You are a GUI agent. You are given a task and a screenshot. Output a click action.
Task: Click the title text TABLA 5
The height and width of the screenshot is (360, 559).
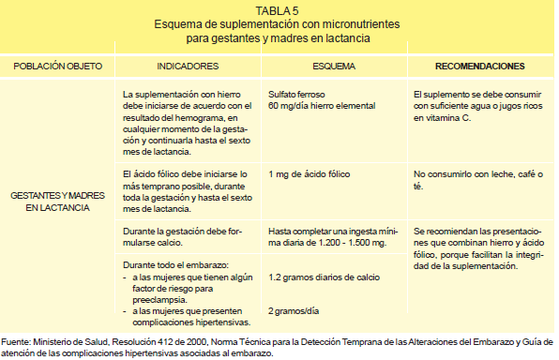pyautogui.click(x=279, y=10)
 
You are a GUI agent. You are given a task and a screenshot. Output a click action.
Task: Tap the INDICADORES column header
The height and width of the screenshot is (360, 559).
pyautogui.click(x=188, y=67)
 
